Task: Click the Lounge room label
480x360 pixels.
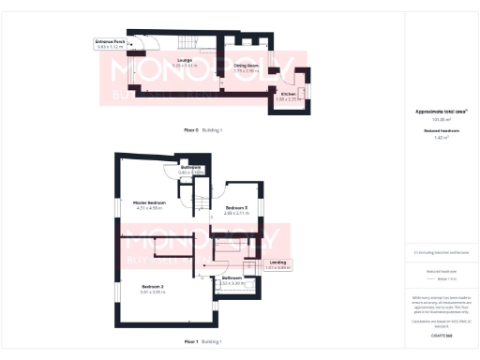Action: pyautogui.click(x=143, y=60)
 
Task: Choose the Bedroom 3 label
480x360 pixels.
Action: pyautogui.click(x=235, y=207)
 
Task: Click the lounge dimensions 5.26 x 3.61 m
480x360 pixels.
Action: pyautogui.click(x=143, y=66)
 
